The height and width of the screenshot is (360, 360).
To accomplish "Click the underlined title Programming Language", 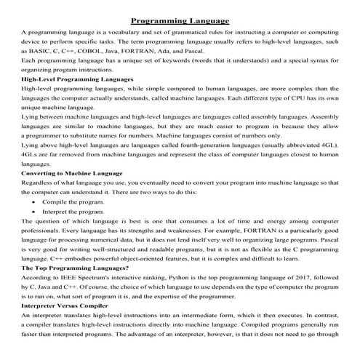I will [179, 20].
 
